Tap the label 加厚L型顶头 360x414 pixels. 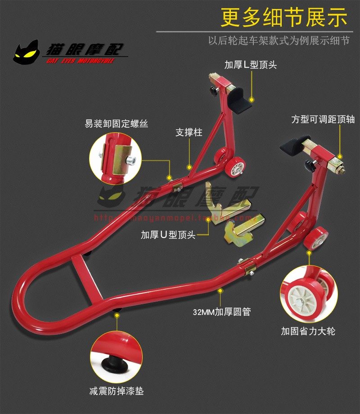point(250,65)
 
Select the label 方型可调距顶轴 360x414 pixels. point(323,120)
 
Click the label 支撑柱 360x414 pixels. point(188,133)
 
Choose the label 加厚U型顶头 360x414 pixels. point(168,234)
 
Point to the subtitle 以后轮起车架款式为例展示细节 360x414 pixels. point(279,40)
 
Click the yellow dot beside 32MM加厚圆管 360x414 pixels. point(220,291)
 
